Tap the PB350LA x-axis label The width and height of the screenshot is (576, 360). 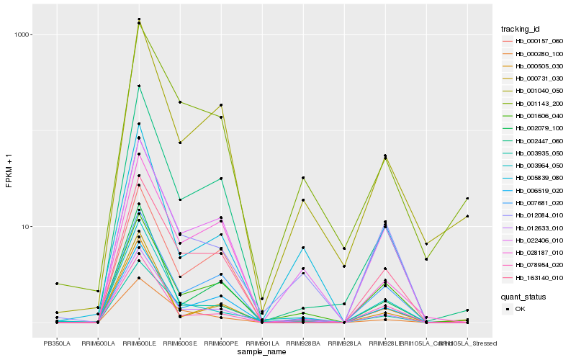pyautogui.click(x=56, y=343)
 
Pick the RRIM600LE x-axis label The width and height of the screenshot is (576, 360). pyautogui.click(x=138, y=343)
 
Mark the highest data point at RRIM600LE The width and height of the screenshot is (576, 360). pyautogui.click(x=139, y=19)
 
